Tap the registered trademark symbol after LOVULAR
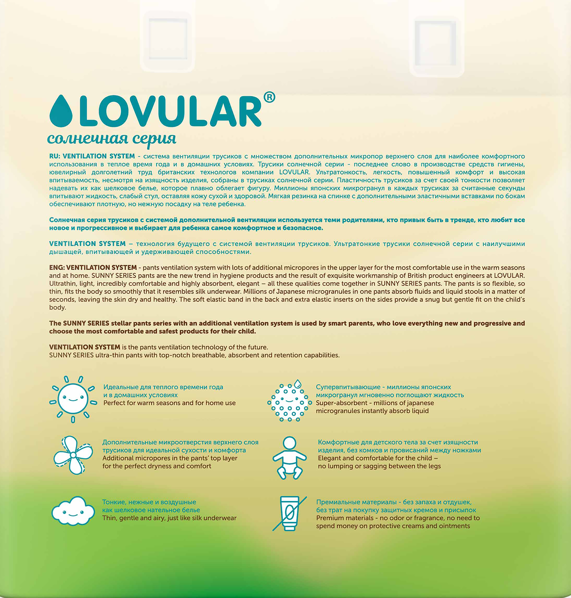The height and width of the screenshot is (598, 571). coord(269,97)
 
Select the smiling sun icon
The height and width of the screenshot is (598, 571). coord(73,399)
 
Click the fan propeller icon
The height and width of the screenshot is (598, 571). coord(73,455)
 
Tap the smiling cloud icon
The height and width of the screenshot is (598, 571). coord(73,511)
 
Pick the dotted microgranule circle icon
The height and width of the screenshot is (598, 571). coord(289,402)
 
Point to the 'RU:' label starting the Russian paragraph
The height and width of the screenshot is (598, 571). coord(55,156)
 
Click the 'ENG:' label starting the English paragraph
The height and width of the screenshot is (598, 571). coord(57,268)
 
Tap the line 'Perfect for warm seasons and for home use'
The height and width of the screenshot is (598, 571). coord(169,403)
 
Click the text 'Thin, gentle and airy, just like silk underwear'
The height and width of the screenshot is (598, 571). coord(169,518)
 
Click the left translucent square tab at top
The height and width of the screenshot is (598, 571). coord(168,39)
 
